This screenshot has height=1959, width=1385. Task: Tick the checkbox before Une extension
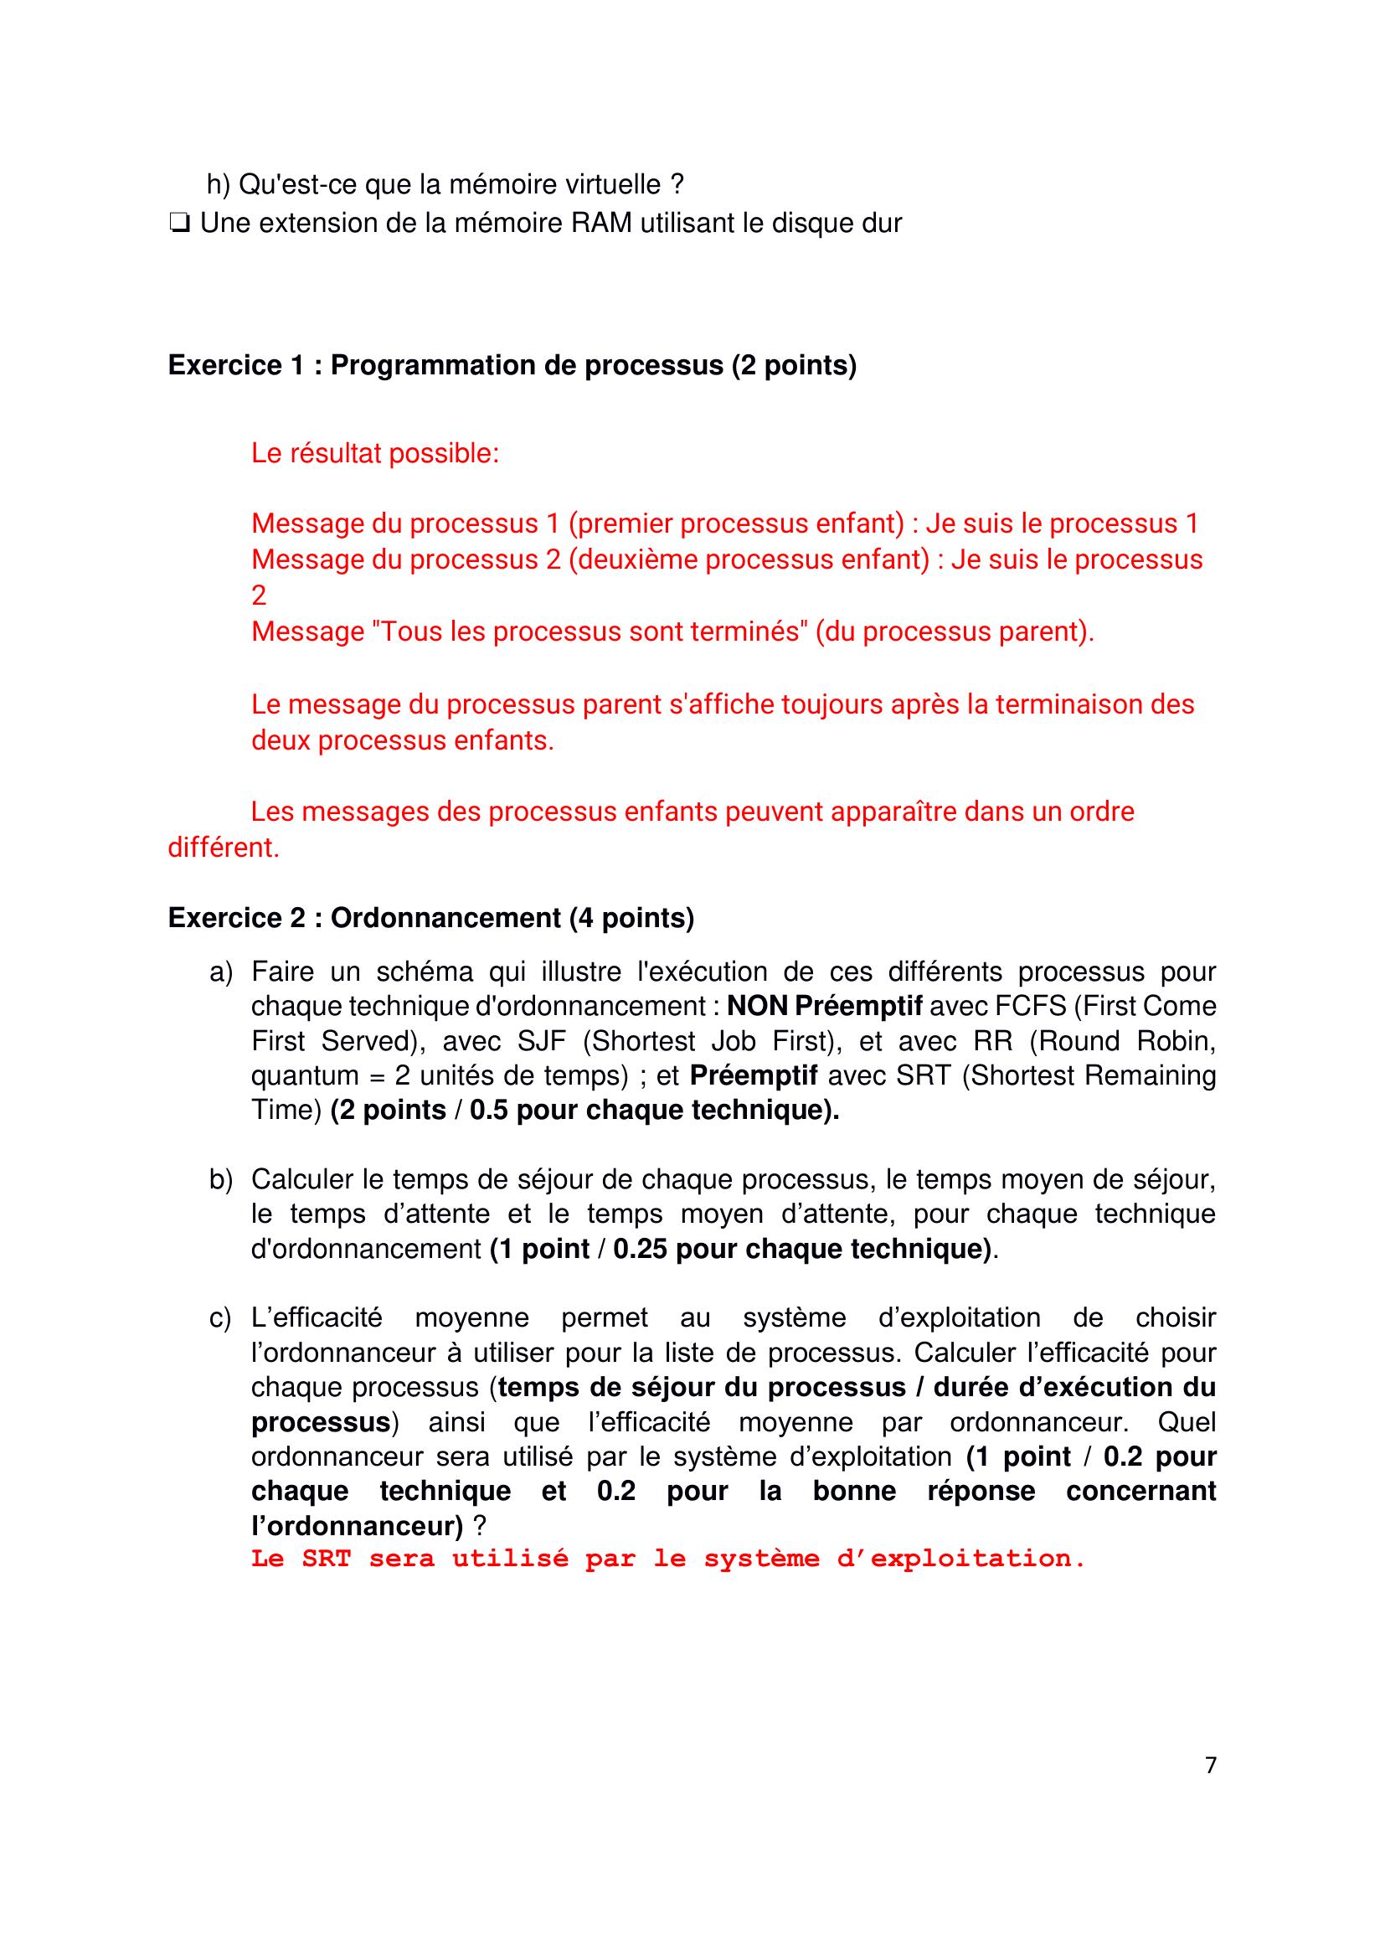click(x=179, y=224)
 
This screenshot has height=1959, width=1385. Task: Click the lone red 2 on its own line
click(x=260, y=595)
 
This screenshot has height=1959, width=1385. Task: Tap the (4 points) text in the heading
click(x=631, y=918)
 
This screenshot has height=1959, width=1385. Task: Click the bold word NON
click(x=756, y=1007)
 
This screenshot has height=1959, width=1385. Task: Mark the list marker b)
click(x=221, y=1180)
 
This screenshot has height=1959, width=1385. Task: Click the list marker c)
click(x=220, y=1318)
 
